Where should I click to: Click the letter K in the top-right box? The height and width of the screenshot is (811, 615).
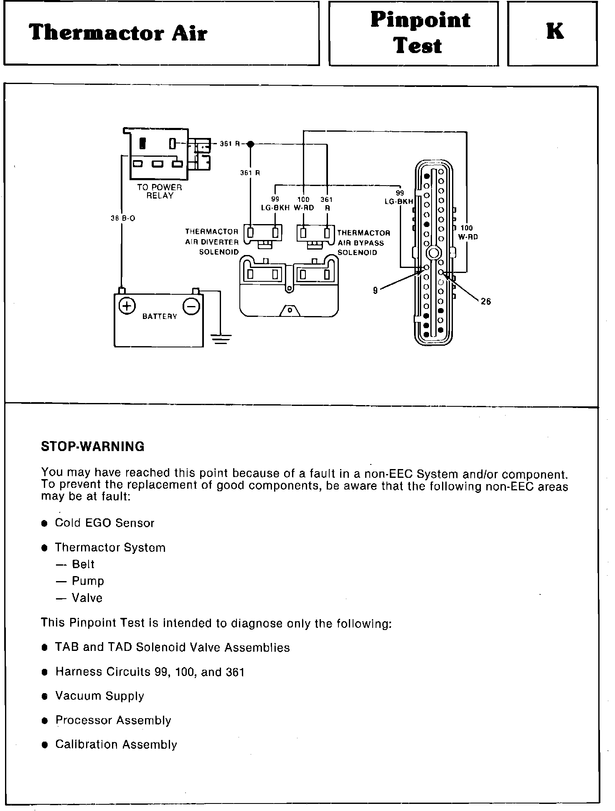[x=555, y=31]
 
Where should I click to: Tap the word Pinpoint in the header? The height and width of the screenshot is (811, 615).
[x=420, y=20]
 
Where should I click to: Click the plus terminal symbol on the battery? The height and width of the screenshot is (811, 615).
[x=127, y=306]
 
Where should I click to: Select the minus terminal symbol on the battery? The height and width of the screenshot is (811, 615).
[x=191, y=307]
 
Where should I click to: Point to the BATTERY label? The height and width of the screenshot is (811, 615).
[x=160, y=316]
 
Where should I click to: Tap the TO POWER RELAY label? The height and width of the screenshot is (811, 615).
[x=160, y=191]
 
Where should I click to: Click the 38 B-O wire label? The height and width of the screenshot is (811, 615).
[x=123, y=218]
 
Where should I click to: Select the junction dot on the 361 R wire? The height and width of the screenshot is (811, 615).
[x=250, y=144]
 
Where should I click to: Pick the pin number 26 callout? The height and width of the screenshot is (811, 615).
[x=485, y=301]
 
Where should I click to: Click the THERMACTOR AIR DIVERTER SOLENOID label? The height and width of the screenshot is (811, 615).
[x=212, y=242]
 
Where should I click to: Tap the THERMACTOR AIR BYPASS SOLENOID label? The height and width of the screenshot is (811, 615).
[x=363, y=242]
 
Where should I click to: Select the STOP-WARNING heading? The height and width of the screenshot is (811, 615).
[x=92, y=446]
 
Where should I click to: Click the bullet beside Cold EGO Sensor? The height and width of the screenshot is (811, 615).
[x=44, y=524]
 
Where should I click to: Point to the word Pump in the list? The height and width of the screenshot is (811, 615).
[x=88, y=581]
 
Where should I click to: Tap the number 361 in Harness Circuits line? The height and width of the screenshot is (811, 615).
[x=235, y=672]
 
